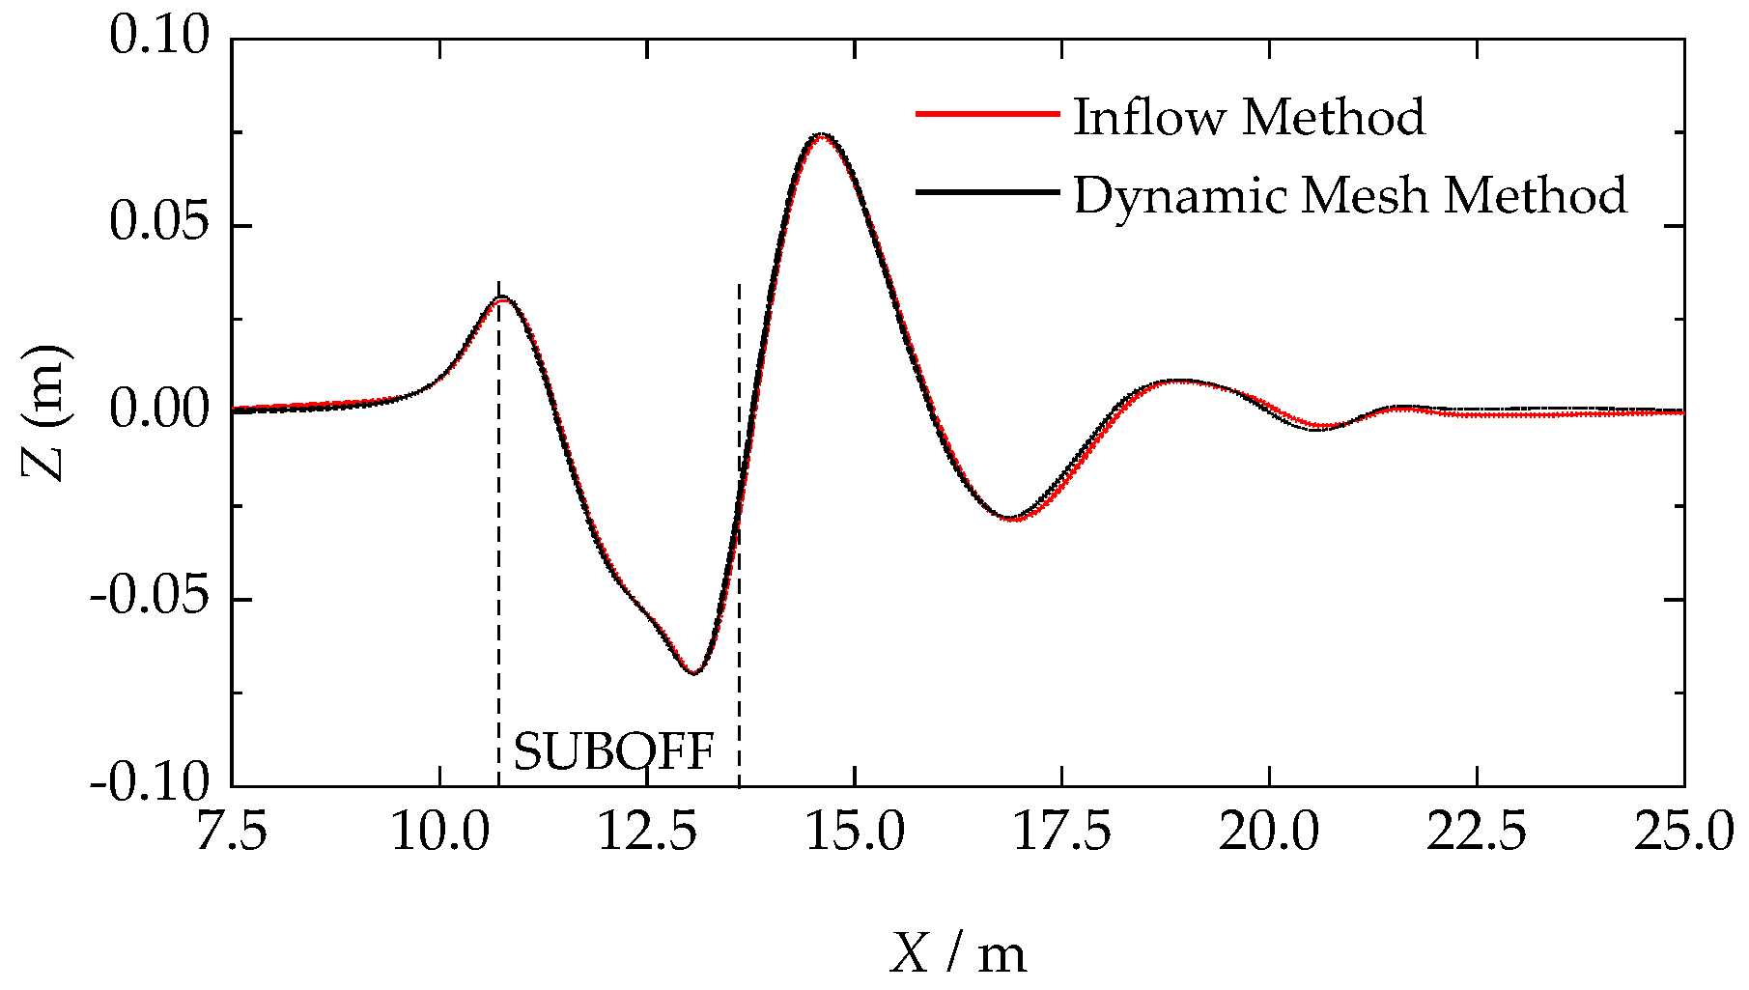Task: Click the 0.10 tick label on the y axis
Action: click(159, 38)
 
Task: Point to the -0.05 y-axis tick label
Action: click(150, 598)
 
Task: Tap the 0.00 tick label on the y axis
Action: click(159, 410)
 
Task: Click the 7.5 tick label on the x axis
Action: click(232, 833)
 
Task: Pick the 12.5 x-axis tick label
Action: click(647, 833)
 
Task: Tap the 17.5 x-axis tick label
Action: click(1061, 833)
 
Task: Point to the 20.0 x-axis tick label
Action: click(1269, 833)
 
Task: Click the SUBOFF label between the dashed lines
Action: click(614, 752)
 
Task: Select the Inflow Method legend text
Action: click(1249, 117)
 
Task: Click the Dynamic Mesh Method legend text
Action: click(1349, 196)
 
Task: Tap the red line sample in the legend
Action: click(987, 114)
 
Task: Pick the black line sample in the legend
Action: click(987, 192)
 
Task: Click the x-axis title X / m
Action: click(958, 954)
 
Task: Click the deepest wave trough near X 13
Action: click(693, 672)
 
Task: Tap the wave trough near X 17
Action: click(1011, 519)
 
